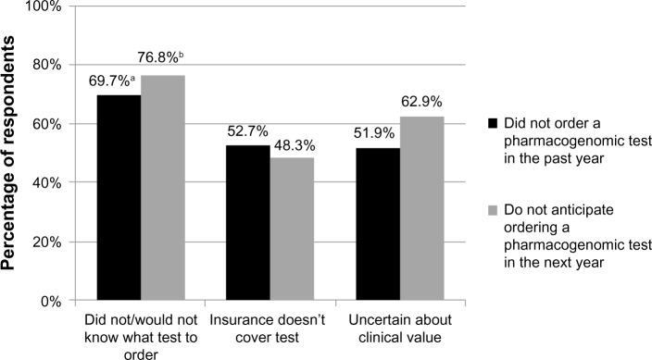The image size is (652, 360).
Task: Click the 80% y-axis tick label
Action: [44, 65]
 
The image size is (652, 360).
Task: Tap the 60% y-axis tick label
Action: [44, 124]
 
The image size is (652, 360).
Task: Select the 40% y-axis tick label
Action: [44, 183]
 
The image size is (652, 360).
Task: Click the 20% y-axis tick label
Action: [44, 242]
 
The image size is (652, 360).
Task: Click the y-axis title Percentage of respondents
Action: [12, 153]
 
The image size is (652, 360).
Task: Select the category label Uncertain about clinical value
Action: [395, 329]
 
